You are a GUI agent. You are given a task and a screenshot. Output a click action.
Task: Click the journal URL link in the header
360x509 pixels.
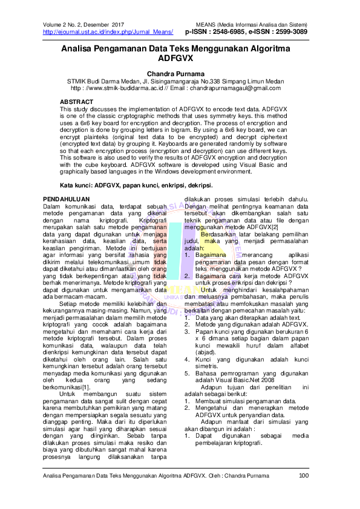[x=108, y=31]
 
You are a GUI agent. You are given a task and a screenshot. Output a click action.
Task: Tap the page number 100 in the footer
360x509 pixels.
[x=304, y=476]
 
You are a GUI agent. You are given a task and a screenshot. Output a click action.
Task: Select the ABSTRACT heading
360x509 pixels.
[x=77, y=100]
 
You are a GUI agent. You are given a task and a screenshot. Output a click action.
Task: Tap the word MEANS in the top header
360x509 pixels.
[x=208, y=24]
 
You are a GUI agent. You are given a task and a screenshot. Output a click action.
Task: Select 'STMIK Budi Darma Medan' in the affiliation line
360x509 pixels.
[x=102, y=81]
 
